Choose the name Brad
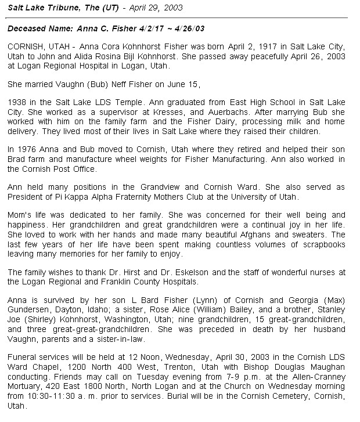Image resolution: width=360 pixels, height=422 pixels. (x=18, y=159)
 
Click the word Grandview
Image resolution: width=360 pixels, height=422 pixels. (x=175, y=187)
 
